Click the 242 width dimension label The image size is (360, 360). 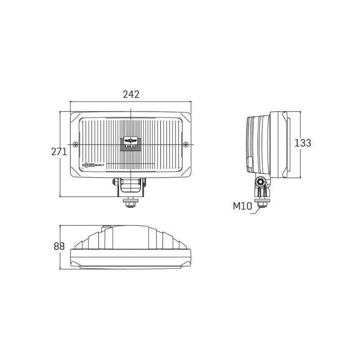tap(131, 94)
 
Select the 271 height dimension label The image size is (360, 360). tap(59, 152)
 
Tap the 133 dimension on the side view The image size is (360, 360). tap(302, 143)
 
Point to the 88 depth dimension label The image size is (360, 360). tap(59, 247)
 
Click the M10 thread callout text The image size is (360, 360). tap(243, 207)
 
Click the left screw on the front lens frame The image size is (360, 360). tap(75, 144)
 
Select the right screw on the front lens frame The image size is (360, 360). tap(186, 144)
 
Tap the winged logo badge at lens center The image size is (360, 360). tap(130, 140)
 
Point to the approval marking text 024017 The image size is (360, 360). tap(100, 166)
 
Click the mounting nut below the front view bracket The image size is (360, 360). tap(131, 203)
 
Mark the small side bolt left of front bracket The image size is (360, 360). tap(114, 182)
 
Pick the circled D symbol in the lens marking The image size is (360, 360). tap(86, 166)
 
